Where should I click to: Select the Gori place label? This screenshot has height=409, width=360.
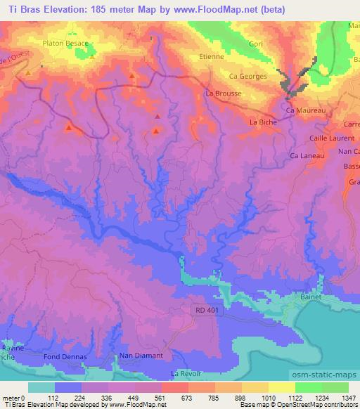point(255,44)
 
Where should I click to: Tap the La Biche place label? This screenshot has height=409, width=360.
point(264,122)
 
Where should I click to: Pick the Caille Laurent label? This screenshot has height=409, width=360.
point(330,138)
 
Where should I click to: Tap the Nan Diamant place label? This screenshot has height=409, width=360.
point(141,356)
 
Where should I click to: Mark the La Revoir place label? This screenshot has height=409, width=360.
point(186,372)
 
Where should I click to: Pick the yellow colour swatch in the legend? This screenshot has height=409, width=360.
point(281,387)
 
